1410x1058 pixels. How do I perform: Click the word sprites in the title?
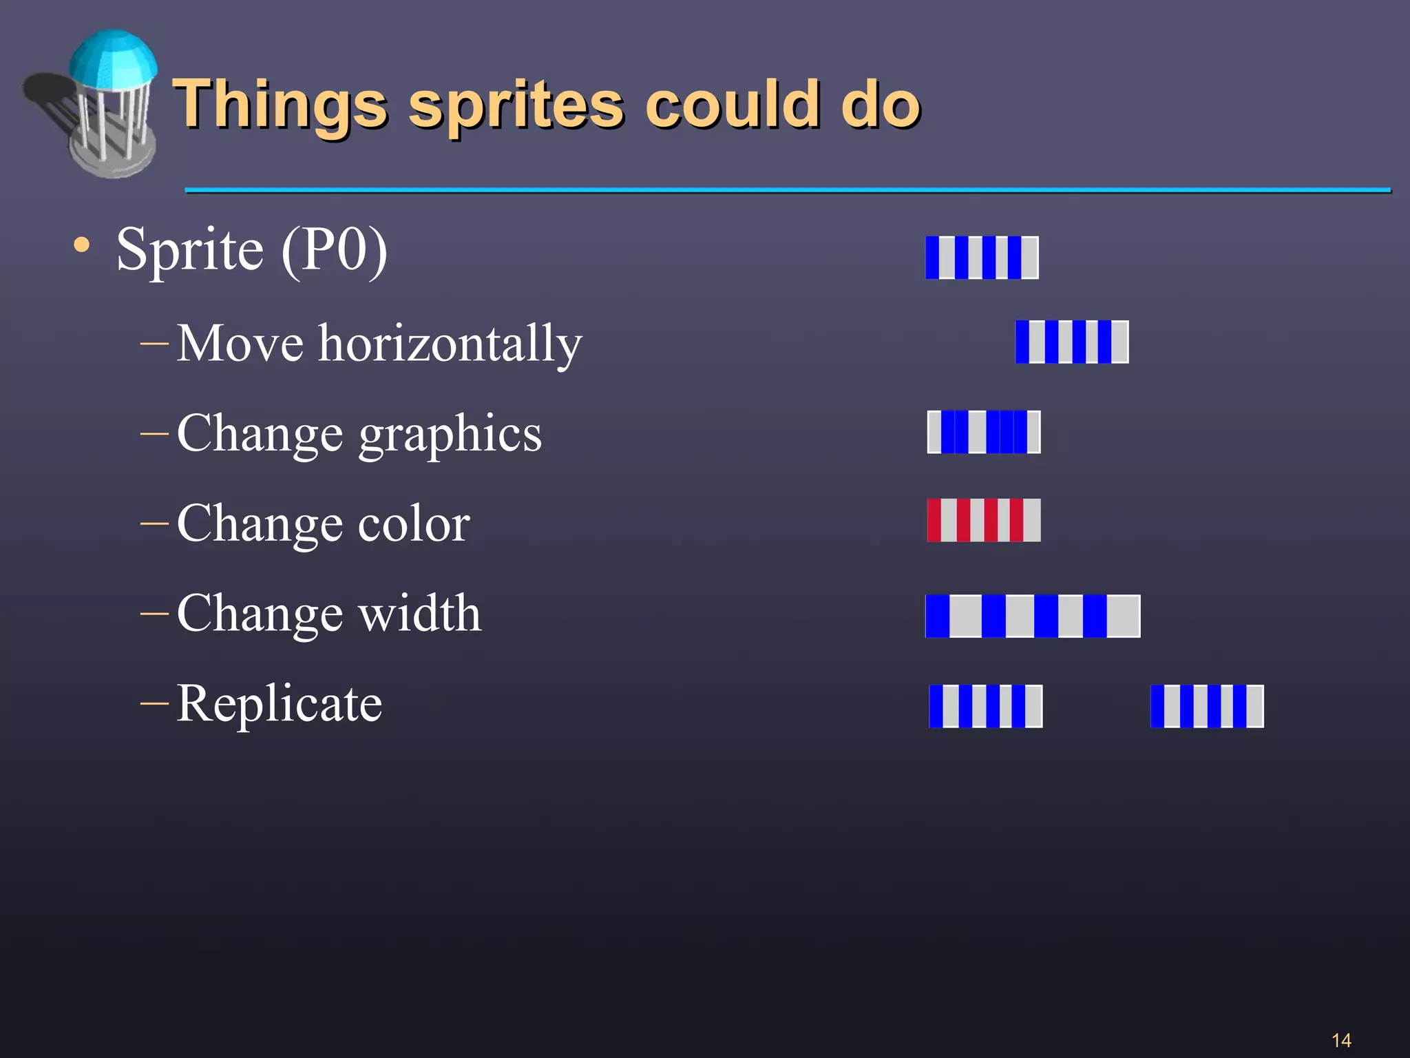(x=516, y=105)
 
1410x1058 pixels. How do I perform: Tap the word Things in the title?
(x=280, y=105)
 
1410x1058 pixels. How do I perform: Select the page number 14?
(x=1341, y=1040)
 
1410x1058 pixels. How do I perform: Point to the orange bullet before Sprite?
(x=82, y=245)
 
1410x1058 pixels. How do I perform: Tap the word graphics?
(x=450, y=434)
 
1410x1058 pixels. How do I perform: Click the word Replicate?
(x=280, y=703)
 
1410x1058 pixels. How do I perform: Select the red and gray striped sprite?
(x=983, y=520)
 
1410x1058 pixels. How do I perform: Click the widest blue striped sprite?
(x=1033, y=616)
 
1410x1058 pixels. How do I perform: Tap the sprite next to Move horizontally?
(x=1072, y=342)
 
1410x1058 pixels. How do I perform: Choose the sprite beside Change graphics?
(x=984, y=432)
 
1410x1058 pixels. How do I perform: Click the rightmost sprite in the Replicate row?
(x=1207, y=706)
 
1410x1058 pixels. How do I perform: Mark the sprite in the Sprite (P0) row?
(x=982, y=258)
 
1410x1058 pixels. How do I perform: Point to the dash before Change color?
(x=154, y=523)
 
